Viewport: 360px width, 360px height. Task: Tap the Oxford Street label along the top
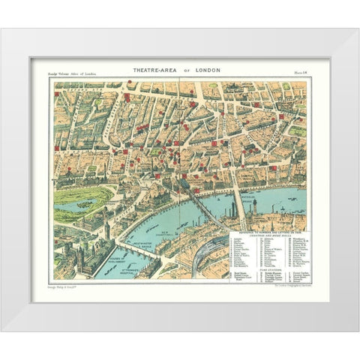[142, 84]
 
